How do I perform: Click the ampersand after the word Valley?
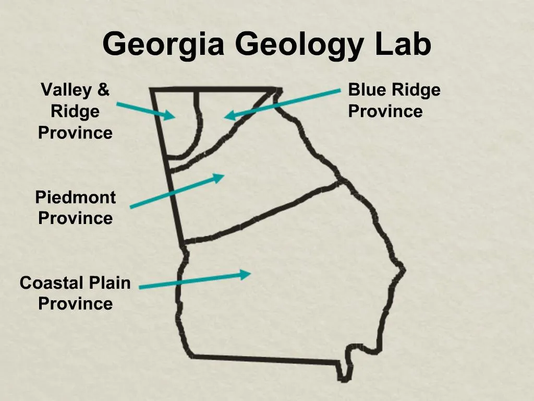tap(103, 90)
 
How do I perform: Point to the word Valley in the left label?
tap(66, 90)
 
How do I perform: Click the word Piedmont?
tap(75, 197)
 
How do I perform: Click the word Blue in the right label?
tap(366, 90)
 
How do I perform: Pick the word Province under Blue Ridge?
tap(385, 111)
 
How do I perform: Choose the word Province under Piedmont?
tap(75, 218)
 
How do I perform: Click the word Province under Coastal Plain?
tap(75, 304)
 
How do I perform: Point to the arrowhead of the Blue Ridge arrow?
tap(230, 116)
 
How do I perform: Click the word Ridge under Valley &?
tap(75, 111)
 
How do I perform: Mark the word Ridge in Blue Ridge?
tap(416, 90)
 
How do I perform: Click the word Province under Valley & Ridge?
tap(75, 133)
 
